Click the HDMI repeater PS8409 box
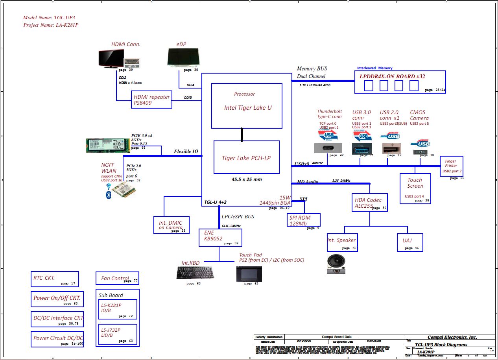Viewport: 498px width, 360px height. (x=152, y=100)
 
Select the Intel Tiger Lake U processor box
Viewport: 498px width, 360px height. (x=247, y=105)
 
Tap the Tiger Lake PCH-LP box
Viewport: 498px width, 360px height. (x=246, y=157)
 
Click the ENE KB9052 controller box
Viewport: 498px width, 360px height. (x=220, y=238)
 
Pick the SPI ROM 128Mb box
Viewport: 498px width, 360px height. (x=304, y=220)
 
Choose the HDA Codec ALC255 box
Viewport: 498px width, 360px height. (x=370, y=203)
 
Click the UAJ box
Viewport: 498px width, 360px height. (x=410, y=242)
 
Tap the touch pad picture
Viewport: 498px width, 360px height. (x=249, y=274)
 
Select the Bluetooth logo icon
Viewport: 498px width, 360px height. (x=109, y=195)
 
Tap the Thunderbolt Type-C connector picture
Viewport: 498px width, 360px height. (x=328, y=148)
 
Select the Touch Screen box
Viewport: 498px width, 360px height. (x=415, y=189)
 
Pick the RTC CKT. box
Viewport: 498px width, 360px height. (x=55, y=279)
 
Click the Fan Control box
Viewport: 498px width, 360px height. (x=117, y=278)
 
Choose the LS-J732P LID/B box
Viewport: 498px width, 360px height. (x=118, y=334)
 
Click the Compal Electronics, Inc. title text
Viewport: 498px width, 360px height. (x=452, y=337)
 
